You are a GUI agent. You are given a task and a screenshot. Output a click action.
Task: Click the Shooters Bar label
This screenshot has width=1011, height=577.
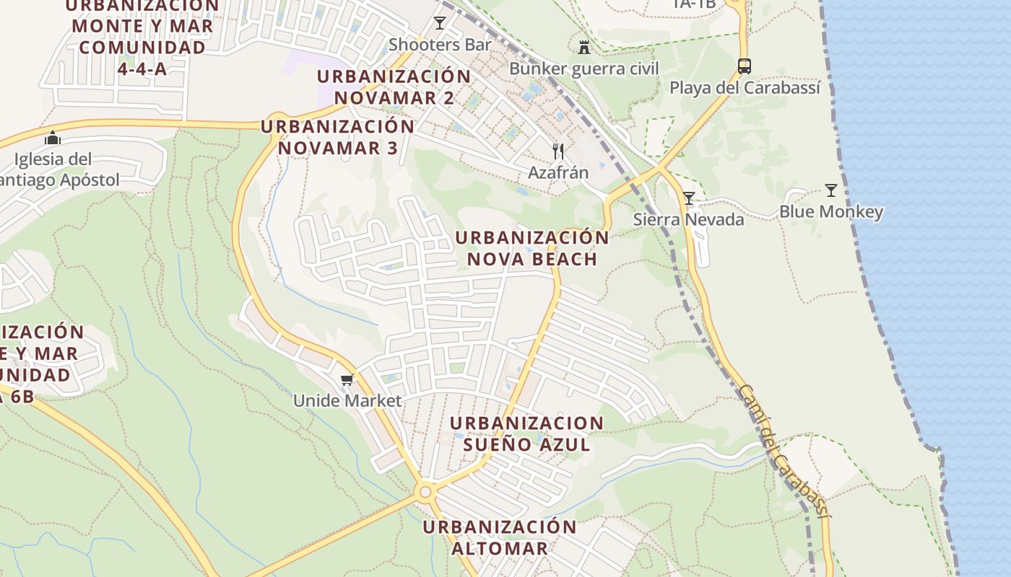pos(440,45)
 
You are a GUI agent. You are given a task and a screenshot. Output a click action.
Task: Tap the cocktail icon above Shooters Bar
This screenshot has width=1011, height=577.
pos(440,23)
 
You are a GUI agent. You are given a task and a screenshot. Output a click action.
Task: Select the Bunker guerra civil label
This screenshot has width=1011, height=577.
pos(583,69)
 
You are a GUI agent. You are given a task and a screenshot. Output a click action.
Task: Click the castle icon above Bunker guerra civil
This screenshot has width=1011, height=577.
pos(584,47)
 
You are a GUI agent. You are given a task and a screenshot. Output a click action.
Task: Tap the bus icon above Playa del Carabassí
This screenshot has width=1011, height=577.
pos(744,66)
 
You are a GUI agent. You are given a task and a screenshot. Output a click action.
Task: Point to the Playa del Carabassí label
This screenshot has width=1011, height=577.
pos(745,88)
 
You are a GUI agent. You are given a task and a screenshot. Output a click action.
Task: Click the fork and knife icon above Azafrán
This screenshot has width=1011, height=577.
pos(557,151)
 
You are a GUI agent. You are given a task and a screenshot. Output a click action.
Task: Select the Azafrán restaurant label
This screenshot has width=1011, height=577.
pos(557,173)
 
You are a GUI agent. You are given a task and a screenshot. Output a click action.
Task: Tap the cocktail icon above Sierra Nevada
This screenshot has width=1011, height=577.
pos(688,198)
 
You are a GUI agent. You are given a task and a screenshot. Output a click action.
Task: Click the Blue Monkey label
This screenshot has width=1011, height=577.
pos(830,212)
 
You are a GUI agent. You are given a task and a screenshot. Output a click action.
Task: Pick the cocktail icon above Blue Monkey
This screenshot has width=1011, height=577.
pos(831,190)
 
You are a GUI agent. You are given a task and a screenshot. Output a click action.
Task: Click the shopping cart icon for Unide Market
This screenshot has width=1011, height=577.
pos(347,379)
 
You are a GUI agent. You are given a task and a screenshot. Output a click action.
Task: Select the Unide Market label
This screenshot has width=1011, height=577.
pos(347,400)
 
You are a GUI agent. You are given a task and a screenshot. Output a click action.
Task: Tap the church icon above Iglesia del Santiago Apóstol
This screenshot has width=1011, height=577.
pos(53,138)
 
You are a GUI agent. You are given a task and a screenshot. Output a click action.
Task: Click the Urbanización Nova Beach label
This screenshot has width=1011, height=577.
pos(531,248)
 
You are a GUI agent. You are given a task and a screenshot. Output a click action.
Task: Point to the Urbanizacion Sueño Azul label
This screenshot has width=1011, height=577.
pos(526,433)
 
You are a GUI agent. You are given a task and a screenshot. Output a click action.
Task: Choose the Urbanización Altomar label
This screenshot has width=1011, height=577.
pos(500,537)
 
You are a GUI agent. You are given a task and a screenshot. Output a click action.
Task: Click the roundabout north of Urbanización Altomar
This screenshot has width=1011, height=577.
pos(425,492)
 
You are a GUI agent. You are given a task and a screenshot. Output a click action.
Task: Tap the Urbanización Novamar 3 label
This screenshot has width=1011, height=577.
pos(337,137)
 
